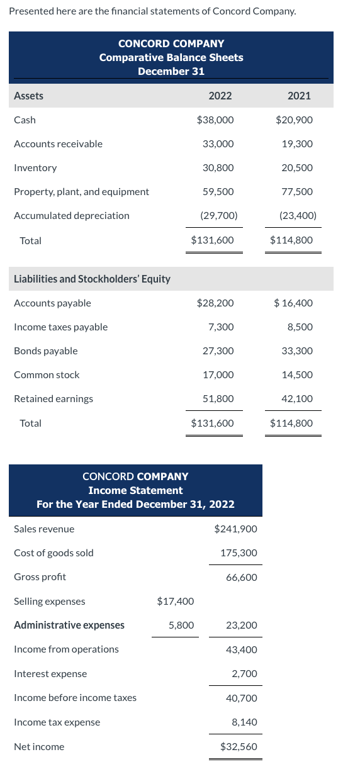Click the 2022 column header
[220, 96]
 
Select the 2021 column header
[299, 96]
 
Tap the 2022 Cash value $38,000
[215, 120]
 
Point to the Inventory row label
[35, 168]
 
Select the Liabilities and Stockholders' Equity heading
[92, 279]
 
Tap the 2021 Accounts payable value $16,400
[293, 303]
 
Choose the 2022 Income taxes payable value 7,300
[221, 327]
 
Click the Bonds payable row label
[46, 351]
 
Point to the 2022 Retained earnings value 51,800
[218, 398]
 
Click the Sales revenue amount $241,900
[235, 529]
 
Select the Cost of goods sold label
[53, 552]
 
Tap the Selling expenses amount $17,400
[175, 601]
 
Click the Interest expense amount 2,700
[244, 673]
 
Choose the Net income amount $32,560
[239, 746]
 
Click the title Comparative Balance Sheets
[171, 57]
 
